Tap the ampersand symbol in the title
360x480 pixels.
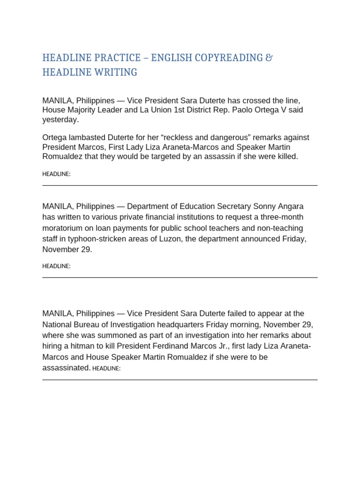pyautogui.click(x=269, y=58)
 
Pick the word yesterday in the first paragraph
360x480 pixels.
pyautogui.click(x=60, y=120)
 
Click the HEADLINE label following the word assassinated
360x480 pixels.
pyautogui.click(x=106, y=368)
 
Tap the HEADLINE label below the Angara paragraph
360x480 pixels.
pyautogui.click(x=56, y=266)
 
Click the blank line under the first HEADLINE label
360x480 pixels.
pyautogui.click(x=180, y=185)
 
